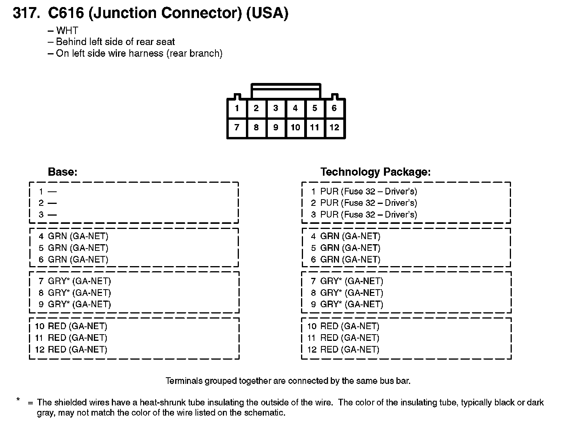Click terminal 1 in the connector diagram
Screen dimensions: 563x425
pos(237,108)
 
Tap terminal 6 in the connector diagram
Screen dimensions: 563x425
pos(334,108)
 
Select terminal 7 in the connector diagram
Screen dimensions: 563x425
pos(237,128)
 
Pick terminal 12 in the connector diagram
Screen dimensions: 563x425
pos(334,128)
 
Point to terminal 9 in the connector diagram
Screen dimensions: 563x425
pos(276,128)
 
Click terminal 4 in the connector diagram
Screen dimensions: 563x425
pos(295,108)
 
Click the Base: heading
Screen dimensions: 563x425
pos(63,172)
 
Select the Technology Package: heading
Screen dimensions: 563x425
pos(375,172)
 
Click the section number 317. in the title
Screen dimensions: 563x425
pos(26,13)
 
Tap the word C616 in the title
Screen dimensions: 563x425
pos(66,13)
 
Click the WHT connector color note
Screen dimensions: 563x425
pos(67,31)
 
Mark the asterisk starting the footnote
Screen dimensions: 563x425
pos(18,400)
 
